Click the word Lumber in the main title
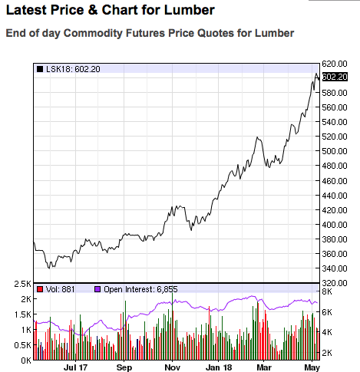click(189, 10)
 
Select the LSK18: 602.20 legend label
click(73, 69)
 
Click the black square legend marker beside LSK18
click(40, 69)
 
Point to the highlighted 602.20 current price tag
click(335, 77)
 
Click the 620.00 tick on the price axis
click(335, 64)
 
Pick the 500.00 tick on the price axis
click(335, 151)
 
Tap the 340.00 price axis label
click(335, 268)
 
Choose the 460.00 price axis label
click(335, 181)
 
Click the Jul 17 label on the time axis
click(75, 367)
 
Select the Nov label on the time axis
click(173, 367)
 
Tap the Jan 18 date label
click(219, 367)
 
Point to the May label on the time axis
click(312, 367)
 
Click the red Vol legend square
click(40, 289)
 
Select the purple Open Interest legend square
click(97, 289)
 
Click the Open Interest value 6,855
click(167, 289)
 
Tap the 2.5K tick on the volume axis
click(22, 284)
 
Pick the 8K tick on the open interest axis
click(327, 291)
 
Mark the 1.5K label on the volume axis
click(22, 314)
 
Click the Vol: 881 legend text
click(60, 289)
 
